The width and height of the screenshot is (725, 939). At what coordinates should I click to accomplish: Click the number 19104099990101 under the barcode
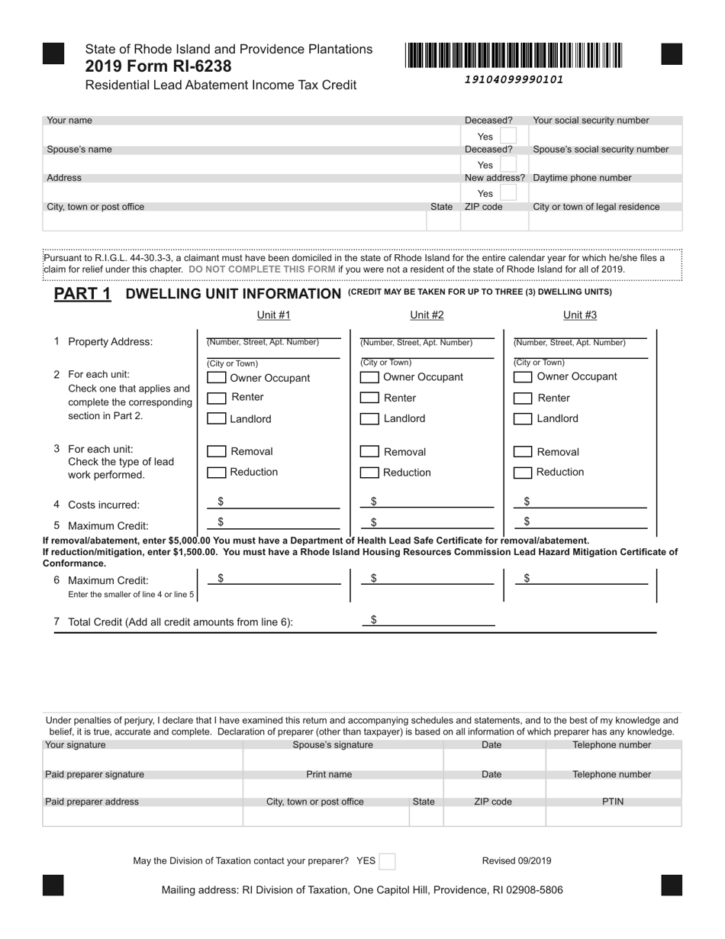coord(514,79)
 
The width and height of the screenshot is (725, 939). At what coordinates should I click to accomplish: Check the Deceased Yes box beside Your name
coord(508,137)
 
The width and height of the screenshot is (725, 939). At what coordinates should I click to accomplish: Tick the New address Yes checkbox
coord(508,193)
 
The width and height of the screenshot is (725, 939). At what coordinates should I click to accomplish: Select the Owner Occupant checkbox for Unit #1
coord(217,378)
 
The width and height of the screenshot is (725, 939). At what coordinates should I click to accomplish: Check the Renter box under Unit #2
coord(369,398)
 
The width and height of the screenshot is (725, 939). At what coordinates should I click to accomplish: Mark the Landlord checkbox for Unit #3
coord(523,418)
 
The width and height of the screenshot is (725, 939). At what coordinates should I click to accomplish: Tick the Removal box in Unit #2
coord(369,452)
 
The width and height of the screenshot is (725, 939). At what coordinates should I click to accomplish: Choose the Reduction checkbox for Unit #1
coord(217,473)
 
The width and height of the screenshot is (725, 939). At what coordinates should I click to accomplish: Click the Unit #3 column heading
coord(580,315)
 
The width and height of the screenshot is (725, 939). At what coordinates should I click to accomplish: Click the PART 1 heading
coord(82,294)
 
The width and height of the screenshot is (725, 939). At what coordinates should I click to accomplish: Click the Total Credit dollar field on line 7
coord(431,621)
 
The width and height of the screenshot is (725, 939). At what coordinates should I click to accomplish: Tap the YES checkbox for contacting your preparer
coord(388,861)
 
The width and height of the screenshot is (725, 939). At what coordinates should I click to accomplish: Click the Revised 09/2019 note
coord(517,861)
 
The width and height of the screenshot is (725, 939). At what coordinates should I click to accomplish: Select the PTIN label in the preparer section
coord(613,802)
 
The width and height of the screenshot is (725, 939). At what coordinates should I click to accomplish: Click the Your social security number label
coord(591,121)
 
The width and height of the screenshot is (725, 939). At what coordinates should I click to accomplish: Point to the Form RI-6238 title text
coord(159,66)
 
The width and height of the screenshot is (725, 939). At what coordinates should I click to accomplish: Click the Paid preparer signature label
coord(95,774)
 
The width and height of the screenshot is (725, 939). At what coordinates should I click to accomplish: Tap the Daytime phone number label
coord(582,178)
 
